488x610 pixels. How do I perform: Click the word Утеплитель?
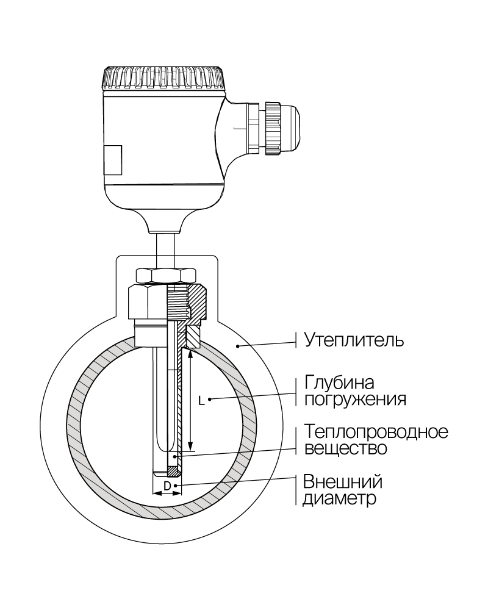tap(354, 340)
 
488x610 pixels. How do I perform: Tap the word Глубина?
tap(339, 383)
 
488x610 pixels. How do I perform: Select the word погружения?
tap(355, 400)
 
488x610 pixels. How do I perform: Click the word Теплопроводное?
tap(376, 432)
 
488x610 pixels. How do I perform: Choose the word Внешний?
tap(343, 482)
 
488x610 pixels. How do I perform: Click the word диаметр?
tap(339, 498)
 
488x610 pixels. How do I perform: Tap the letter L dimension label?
tap(201, 400)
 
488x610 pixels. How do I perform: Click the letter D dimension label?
tap(167, 486)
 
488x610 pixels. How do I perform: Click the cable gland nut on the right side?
tap(273, 129)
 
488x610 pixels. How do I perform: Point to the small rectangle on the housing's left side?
tap(112, 160)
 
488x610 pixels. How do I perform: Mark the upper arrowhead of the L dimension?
tap(190, 354)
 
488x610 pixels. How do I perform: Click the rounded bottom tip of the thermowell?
tap(167, 473)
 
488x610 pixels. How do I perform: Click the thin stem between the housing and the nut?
tap(165, 250)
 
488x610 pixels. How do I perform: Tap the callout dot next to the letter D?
tap(176, 486)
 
